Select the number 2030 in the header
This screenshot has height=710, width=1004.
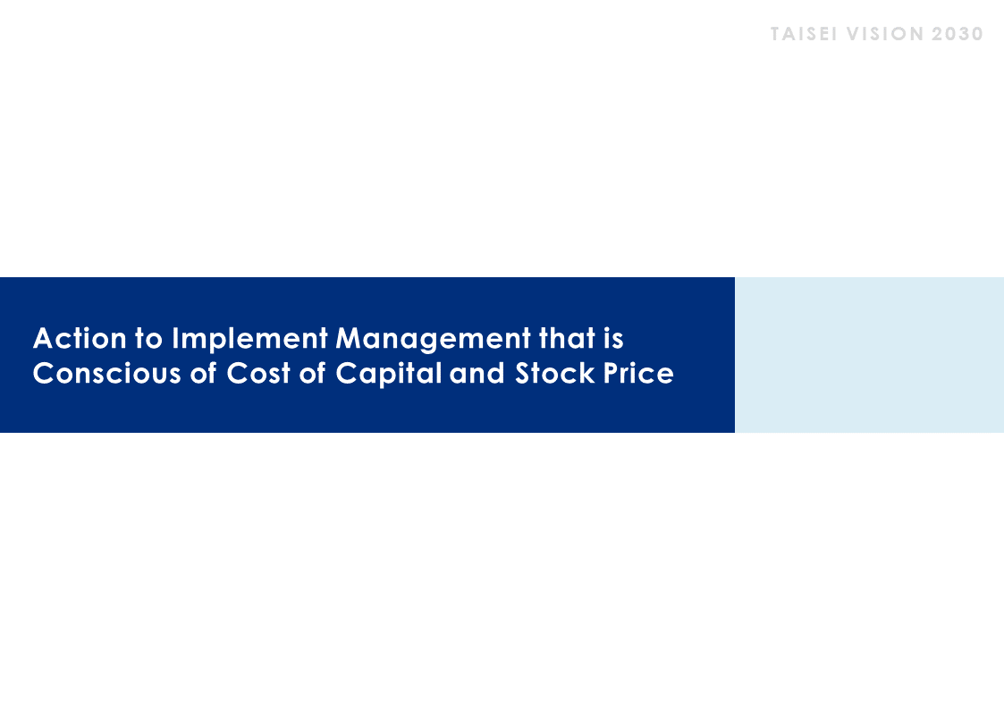958,34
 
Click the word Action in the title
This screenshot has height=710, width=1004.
80,338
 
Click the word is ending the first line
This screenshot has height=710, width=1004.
613,338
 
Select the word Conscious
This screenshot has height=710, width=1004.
107,373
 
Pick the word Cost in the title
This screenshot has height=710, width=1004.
258,373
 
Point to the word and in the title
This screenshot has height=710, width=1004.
477,373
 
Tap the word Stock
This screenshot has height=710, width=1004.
554,373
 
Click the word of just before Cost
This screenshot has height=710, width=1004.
204,373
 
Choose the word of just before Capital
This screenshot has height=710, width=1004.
313,373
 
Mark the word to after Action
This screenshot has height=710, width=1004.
149,338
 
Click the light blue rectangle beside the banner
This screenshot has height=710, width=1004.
870,355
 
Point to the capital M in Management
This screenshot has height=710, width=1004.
350,338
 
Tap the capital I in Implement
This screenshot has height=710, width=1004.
175,338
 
